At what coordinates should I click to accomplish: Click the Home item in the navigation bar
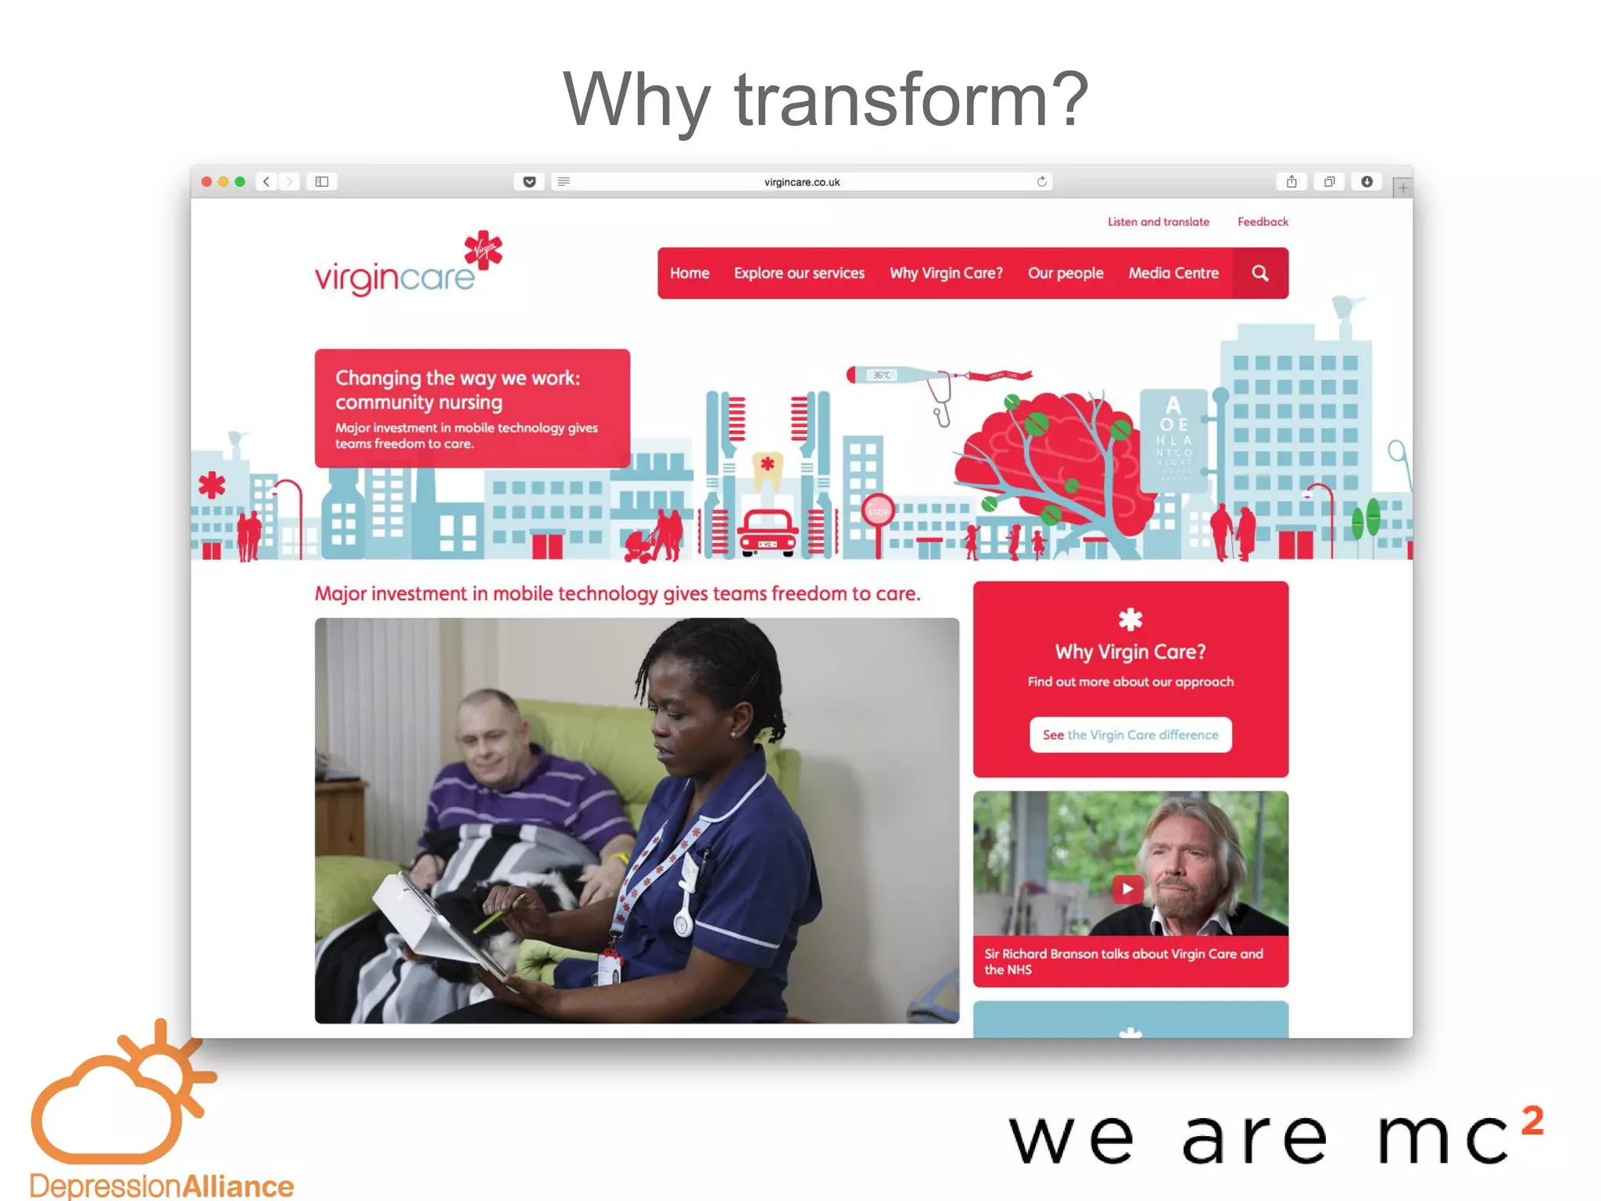click(689, 273)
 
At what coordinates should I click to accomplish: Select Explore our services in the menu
click(798, 273)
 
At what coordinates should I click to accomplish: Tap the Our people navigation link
click(1065, 273)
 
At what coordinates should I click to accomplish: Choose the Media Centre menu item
click(1173, 273)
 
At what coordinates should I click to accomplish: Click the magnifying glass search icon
click(1259, 273)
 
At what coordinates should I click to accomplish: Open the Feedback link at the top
click(1262, 222)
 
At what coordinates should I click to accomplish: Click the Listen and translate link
click(1158, 222)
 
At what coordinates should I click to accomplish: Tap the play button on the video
click(1126, 888)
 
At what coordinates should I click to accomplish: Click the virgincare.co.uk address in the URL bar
click(801, 182)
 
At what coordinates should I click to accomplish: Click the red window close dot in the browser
click(206, 181)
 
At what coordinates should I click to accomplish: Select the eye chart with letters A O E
click(1173, 438)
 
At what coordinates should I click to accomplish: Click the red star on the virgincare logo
click(483, 250)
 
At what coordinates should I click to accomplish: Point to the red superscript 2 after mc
click(1532, 1120)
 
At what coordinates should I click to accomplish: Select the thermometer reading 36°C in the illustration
click(891, 375)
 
